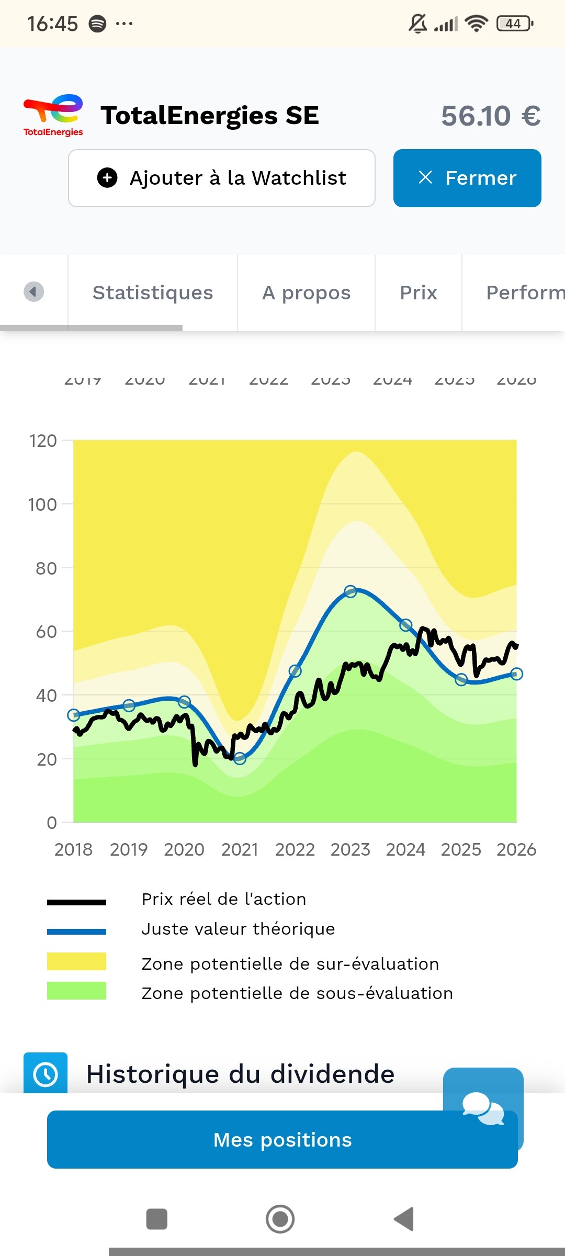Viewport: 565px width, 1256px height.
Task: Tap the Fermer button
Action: coord(467,178)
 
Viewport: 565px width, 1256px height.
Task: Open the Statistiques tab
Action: coord(152,293)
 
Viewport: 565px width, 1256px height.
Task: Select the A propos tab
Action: coord(306,293)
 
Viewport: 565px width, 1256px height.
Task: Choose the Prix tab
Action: coord(418,293)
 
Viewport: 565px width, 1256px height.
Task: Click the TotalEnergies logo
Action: coord(53,116)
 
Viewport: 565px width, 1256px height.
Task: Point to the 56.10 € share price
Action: coord(491,116)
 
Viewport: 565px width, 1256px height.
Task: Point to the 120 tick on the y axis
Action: coord(43,441)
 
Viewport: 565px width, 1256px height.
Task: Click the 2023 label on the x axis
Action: coord(350,849)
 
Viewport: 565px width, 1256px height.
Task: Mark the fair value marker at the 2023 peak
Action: coord(351,591)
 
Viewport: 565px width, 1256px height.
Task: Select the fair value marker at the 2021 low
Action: coord(240,758)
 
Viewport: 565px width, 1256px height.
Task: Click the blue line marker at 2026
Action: coord(516,674)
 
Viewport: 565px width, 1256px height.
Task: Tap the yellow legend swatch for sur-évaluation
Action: coord(76,961)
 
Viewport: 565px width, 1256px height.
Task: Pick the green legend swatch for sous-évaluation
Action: coord(76,991)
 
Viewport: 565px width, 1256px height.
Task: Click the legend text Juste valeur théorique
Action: coord(238,929)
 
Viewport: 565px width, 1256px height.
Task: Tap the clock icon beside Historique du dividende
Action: coord(46,1074)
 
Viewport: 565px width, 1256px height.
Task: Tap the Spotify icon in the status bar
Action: coord(97,24)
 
